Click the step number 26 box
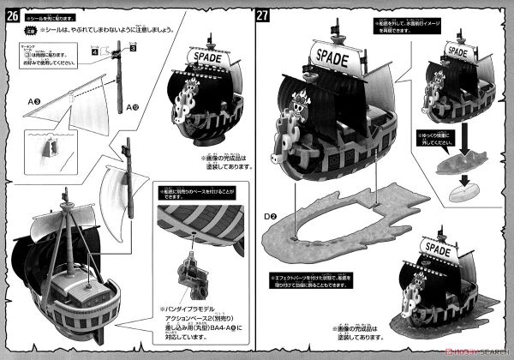[12, 15]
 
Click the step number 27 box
[265, 15]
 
